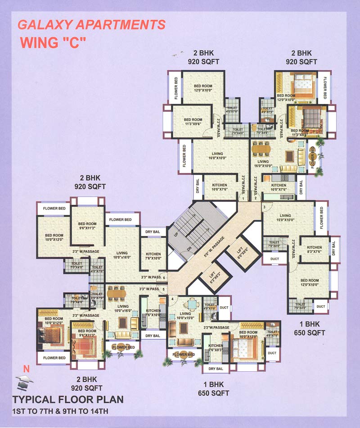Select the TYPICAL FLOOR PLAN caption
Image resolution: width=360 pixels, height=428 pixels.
tap(67, 400)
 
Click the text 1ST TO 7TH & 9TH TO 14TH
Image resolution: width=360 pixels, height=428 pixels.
tap(60, 410)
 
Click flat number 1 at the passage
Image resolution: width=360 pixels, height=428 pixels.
tap(243, 199)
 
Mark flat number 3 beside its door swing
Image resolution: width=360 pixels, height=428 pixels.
tap(265, 207)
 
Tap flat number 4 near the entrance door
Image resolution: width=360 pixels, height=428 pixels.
tap(171, 299)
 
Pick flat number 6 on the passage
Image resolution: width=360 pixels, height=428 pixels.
tap(164, 278)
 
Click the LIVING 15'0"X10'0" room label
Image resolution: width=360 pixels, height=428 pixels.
tap(285, 218)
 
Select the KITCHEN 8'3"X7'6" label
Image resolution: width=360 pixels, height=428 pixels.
tap(314, 250)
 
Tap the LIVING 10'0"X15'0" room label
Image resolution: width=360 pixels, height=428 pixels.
tap(185, 316)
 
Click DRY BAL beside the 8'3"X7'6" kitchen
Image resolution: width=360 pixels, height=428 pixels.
tap(333, 249)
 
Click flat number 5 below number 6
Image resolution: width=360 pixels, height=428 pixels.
tap(164, 289)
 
